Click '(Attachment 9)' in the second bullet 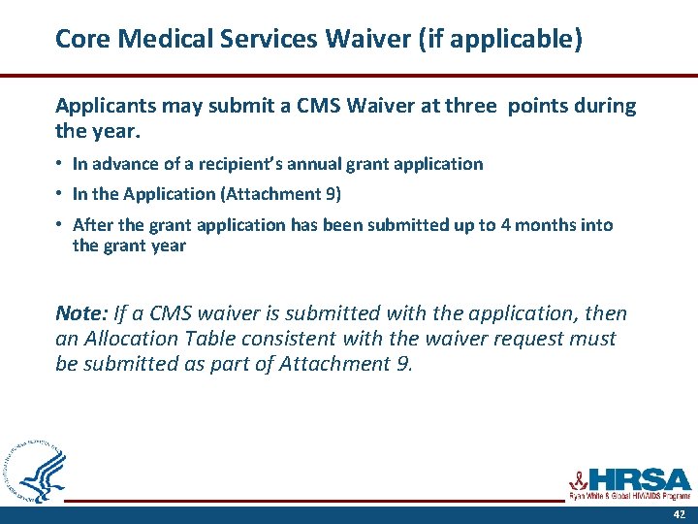click(x=281, y=194)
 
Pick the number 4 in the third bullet click(x=507, y=225)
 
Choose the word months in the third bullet click(x=548, y=225)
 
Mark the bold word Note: click(x=82, y=313)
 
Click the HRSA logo click(x=630, y=481)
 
